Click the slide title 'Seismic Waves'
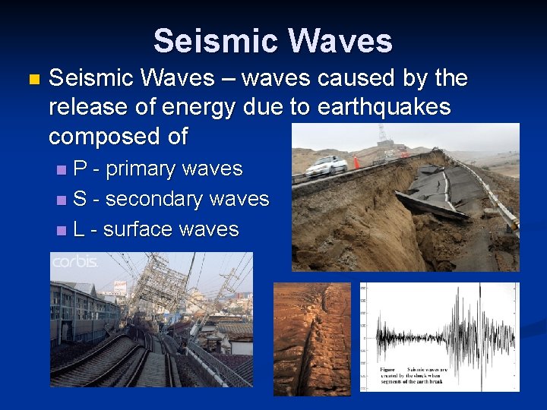pyautogui.click(x=273, y=41)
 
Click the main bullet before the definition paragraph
pyautogui.click(x=31, y=79)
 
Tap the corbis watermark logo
pyautogui.click(x=74, y=262)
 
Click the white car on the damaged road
pyautogui.click(x=327, y=164)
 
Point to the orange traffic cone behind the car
pyautogui.click(x=355, y=162)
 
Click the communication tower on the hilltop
pyautogui.click(x=382, y=135)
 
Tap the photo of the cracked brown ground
pyautogui.click(x=311, y=339)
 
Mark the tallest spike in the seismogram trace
pyautogui.click(x=479, y=319)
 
